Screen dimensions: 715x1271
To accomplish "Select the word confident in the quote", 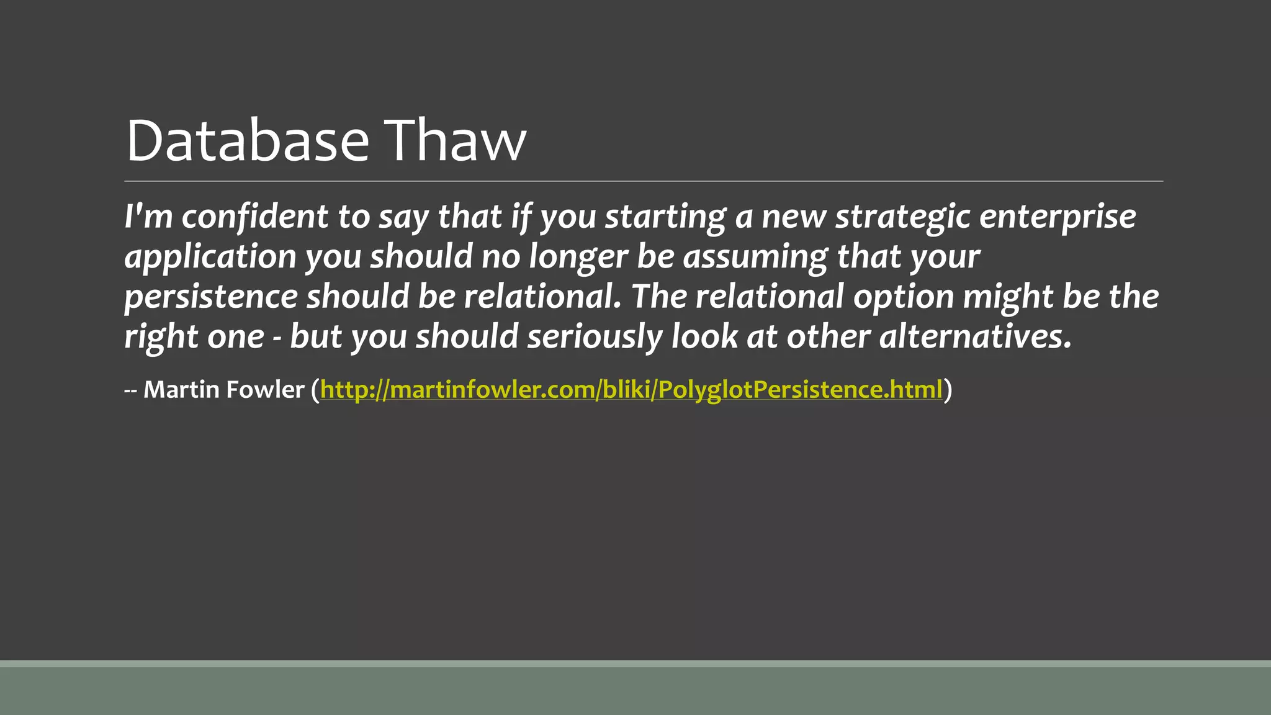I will click(255, 217).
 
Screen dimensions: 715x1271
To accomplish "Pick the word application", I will click(210, 257).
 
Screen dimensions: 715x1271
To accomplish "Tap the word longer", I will click(578, 257).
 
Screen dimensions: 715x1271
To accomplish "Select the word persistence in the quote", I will click(211, 297).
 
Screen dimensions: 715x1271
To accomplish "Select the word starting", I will click(665, 217).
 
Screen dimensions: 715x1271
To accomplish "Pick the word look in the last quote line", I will click(704, 337).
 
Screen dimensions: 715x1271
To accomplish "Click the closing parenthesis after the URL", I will click(948, 390).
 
